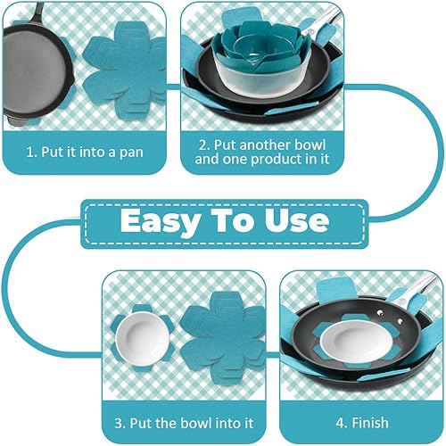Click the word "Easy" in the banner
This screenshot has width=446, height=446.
point(161,221)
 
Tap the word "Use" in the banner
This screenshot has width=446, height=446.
point(297,220)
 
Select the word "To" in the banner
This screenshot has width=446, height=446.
point(233,220)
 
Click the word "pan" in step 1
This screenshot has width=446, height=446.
point(131,153)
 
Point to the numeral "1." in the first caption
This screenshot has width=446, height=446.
point(31,152)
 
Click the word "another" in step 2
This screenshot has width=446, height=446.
point(260,145)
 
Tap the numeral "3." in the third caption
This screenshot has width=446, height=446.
point(120,423)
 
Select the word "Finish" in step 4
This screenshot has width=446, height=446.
point(370,423)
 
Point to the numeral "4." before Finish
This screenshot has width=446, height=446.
point(342,423)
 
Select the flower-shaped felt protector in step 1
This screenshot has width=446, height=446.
point(125,68)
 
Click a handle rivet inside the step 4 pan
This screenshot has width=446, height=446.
point(379,312)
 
